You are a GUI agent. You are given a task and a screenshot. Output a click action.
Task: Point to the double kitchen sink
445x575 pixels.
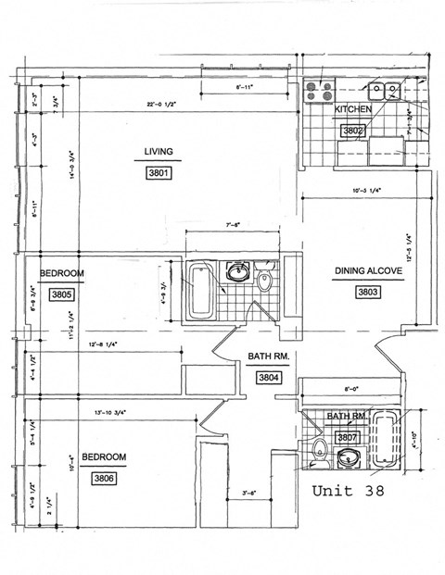click(382, 91)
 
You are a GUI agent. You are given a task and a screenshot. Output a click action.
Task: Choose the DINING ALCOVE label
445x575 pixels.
click(368, 271)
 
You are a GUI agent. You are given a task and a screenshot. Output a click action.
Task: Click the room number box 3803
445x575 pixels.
click(368, 292)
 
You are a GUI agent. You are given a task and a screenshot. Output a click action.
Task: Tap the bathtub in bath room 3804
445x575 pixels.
click(201, 290)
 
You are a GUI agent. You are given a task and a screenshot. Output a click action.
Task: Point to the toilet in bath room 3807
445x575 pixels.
click(320, 451)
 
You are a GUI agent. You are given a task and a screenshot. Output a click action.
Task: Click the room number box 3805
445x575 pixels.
click(61, 294)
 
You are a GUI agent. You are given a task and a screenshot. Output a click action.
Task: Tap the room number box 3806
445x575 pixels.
click(104, 479)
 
